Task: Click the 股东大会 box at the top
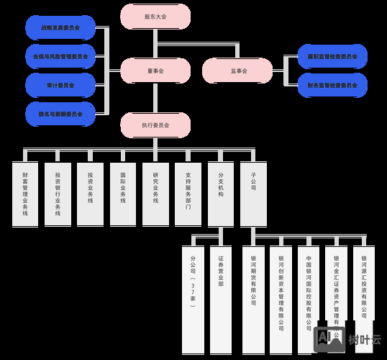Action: [155, 16]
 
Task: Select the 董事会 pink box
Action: [155, 71]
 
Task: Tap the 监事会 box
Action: [238, 71]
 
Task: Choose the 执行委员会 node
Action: [155, 125]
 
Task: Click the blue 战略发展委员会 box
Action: [60, 28]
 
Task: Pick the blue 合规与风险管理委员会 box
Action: [60, 56]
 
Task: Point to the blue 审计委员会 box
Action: [60, 84]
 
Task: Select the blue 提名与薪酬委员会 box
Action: [60, 113]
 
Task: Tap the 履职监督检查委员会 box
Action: [332, 56]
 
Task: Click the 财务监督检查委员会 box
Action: [332, 85]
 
